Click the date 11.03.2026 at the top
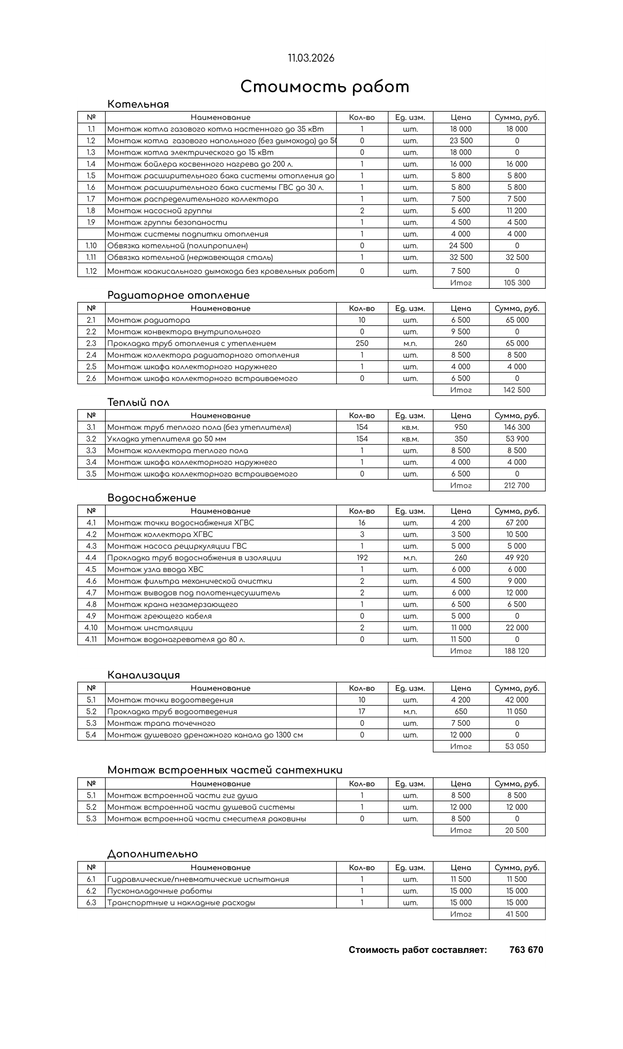point(311,58)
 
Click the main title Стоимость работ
point(325,87)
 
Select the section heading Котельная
point(138,104)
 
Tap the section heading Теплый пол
point(138,403)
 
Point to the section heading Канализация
point(143,675)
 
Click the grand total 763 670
point(526,950)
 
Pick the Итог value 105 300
point(517,283)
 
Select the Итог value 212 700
point(517,485)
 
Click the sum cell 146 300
point(517,427)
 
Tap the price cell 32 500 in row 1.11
point(461,257)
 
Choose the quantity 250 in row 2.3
point(362,343)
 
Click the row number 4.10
point(91,628)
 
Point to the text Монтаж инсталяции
point(150,628)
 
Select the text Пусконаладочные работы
point(160,891)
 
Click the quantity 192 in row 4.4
point(362,558)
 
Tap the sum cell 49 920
point(517,558)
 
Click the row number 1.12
point(91,271)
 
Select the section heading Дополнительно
point(152,854)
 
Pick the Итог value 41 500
point(517,914)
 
